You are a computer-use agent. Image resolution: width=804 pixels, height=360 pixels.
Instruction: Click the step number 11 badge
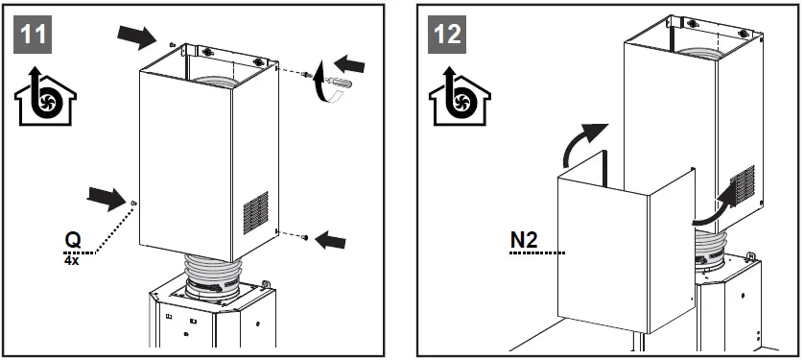pyautogui.click(x=32, y=35)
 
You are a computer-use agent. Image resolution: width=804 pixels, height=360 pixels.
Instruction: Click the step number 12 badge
pyautogui.click(x=446, y=35)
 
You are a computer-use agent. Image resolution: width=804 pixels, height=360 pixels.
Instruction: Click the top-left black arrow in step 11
pyautogui.click(x=134, y=37)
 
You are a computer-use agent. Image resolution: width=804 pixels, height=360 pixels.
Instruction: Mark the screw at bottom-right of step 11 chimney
pyautogui.click(x=302, y=236)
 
